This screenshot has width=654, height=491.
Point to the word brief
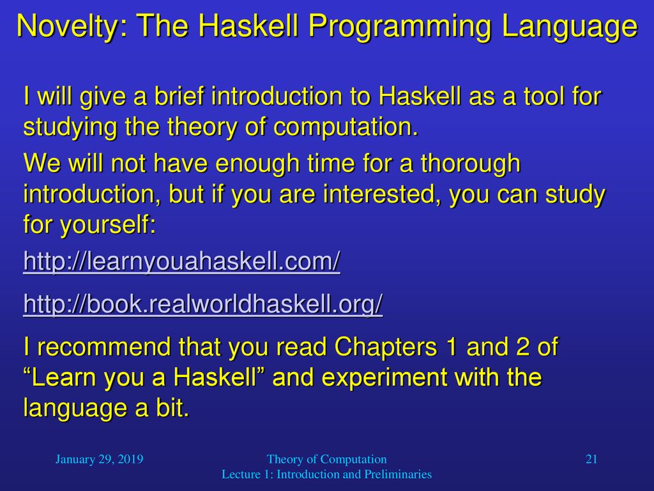[179, 96]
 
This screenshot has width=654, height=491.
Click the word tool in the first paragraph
[544, 96]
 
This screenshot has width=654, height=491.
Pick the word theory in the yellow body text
[202, 127]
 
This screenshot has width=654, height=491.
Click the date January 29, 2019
[99, 459]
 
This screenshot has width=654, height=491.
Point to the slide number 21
[591, 459]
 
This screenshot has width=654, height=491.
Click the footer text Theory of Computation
[326, 459]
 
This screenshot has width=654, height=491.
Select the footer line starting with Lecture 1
[326, 474]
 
